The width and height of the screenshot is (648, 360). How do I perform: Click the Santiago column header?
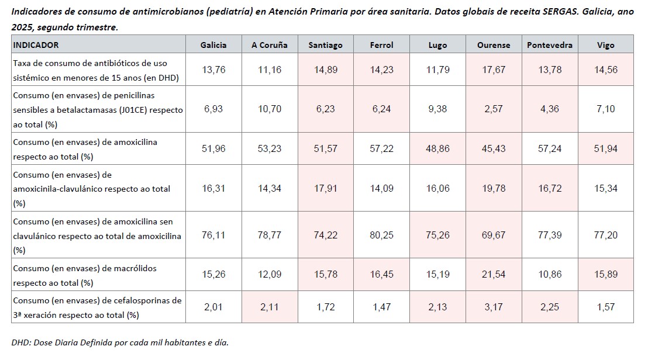click(326, 45)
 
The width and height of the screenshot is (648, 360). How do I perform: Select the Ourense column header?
click(493, 45)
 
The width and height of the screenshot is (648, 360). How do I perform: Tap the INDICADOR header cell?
click(36, 45)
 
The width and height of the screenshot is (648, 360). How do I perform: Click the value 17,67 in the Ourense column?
click(493, 70)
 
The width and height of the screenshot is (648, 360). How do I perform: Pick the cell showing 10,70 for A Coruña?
click(270, 109)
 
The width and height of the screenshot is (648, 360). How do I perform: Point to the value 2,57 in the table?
click(493, 109)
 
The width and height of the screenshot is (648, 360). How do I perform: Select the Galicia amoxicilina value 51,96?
click(213, 148)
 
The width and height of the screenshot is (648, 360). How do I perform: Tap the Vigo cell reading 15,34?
click(605, 189)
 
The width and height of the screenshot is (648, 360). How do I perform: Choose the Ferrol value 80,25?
click(381, 235)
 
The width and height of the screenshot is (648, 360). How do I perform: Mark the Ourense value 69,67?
click(493, 235)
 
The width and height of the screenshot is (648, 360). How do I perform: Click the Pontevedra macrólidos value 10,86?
click(549, 275)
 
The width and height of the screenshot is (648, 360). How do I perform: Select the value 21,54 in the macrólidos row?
click(493, 275)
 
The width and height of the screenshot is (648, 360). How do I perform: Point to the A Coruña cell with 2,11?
click(270, 307)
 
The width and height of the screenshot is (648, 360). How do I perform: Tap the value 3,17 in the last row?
click(493, 307)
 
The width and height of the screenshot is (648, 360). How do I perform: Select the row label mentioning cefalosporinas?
click(96, 307)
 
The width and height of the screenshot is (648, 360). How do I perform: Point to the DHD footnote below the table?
click(119, 342)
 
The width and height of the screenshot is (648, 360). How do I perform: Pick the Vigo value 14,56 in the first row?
click(605, 70)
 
